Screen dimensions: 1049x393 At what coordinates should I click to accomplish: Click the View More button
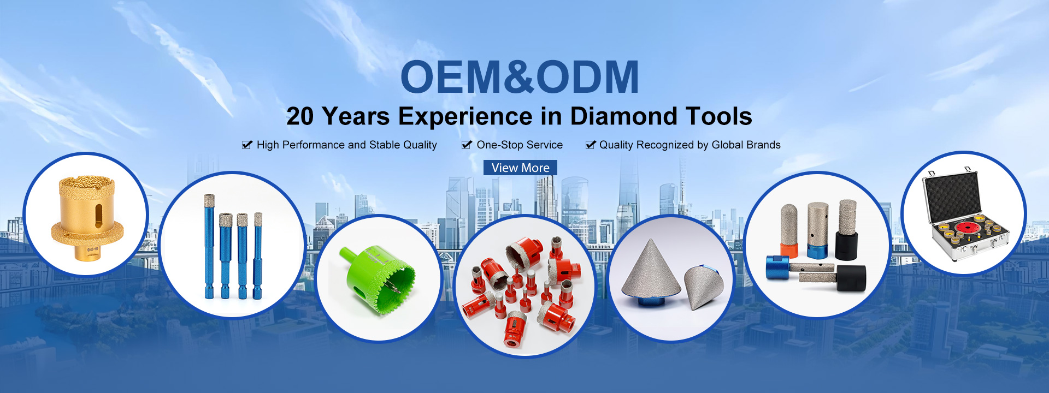(x=520, y=168)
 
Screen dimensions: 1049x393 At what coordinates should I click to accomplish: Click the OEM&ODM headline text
(x=520, y=77)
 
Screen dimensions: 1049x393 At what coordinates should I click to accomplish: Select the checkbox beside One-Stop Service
(x=467, y=145)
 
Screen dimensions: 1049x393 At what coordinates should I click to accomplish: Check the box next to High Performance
(x=247, y=145)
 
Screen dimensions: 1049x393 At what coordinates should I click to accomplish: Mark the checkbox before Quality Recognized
(x=591, y=145)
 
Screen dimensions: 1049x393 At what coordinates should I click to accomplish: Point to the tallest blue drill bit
(x=209, y=246)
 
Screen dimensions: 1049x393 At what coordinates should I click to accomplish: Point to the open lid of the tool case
(x=951, y=196)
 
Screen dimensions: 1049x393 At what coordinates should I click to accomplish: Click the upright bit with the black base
(x=847, y=229)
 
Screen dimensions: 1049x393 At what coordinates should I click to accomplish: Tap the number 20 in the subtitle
(x=300, y=116)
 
